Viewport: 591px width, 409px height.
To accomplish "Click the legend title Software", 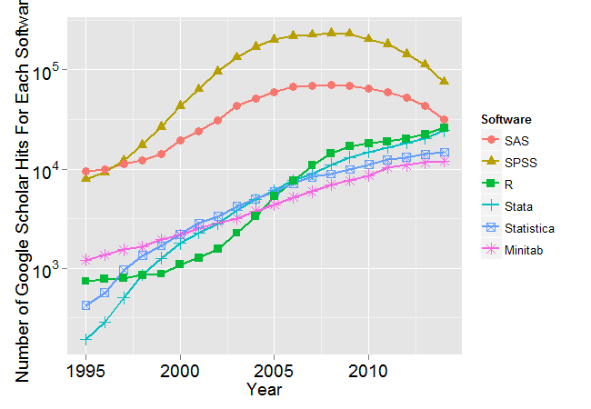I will [x=506, y=119].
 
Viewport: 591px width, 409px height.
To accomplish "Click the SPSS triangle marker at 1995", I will [x=86, y=177].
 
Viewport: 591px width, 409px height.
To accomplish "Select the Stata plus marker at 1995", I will [x=86, y=339].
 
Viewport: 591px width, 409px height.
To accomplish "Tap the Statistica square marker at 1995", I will [x=86, y=305].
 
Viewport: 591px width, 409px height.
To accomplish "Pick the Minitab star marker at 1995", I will [x=86, y=260].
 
